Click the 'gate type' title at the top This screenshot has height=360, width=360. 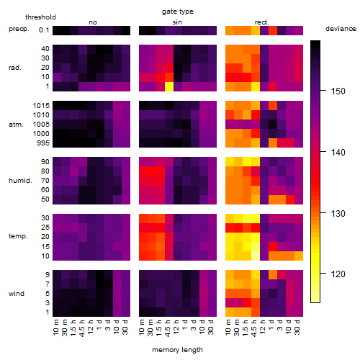coord(178,12)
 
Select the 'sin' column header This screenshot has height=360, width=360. coord(177,22)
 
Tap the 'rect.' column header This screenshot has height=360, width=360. coord(261,22)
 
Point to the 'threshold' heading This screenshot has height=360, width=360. coord(40,17)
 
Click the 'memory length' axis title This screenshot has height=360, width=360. coord(177,350)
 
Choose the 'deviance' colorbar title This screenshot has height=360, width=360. coord(341,29)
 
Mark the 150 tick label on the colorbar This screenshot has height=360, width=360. coord(338,91)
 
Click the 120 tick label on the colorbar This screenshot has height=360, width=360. coord(338,274)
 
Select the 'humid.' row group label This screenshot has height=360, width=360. coord(20,181)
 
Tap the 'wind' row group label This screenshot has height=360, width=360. coord(17,294)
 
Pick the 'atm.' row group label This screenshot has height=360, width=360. coord(16,125)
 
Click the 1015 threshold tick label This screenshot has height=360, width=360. coord(41,105)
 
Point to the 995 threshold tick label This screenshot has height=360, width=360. coord(43,143)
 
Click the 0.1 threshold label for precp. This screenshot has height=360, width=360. coord(44,30)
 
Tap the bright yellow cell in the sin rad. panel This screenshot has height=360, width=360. coord(169,86)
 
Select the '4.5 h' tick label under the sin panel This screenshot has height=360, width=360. coord(168,328)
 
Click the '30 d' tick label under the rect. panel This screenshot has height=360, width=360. coord(297,327)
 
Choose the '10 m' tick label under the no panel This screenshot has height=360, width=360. coord(55,328)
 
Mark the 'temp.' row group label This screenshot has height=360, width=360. coord(18,236)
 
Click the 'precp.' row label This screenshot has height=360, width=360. coord(19,29)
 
